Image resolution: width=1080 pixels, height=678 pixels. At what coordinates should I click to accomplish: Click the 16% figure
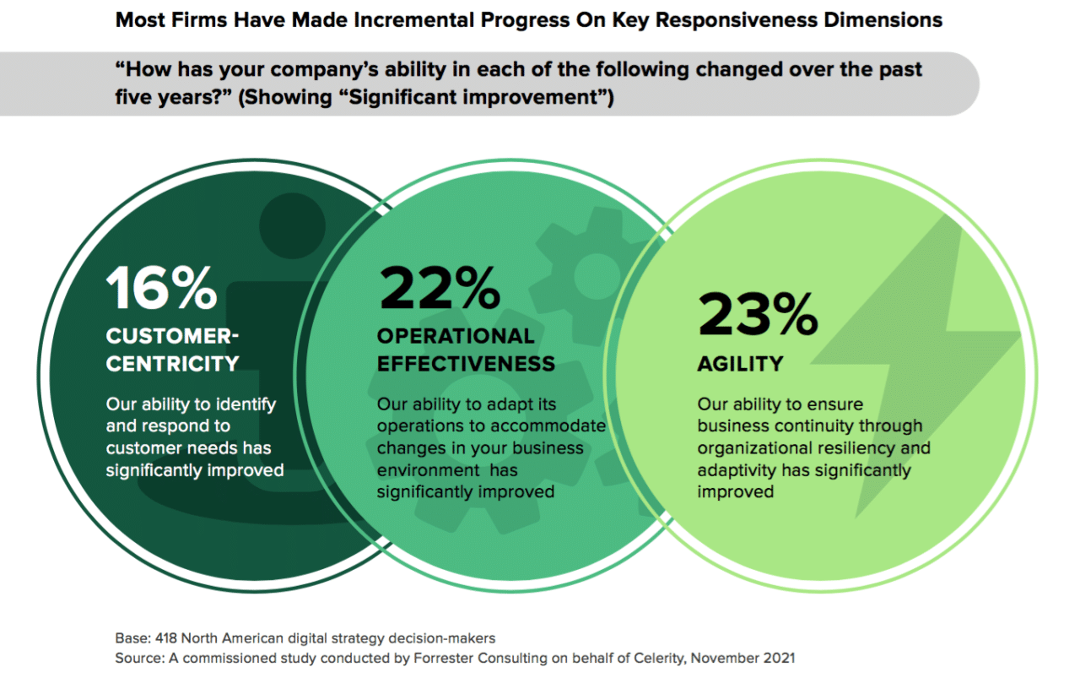[x=161, y=288]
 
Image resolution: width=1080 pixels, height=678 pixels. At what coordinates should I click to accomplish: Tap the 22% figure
[x=439, y=288]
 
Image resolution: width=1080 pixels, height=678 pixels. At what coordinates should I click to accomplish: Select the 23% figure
[x=757, y=315]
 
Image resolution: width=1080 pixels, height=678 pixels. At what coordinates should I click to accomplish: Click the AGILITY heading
[x=740, y=364]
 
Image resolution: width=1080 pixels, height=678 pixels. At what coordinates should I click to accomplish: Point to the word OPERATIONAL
[x=456, y=336]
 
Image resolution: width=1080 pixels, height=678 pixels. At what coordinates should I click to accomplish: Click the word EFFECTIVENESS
[x=466, y=364]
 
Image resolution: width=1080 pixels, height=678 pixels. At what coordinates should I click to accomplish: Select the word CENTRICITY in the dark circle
[x=172, y=364]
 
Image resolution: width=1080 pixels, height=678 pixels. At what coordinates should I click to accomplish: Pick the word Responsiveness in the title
[x=734, y=19]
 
